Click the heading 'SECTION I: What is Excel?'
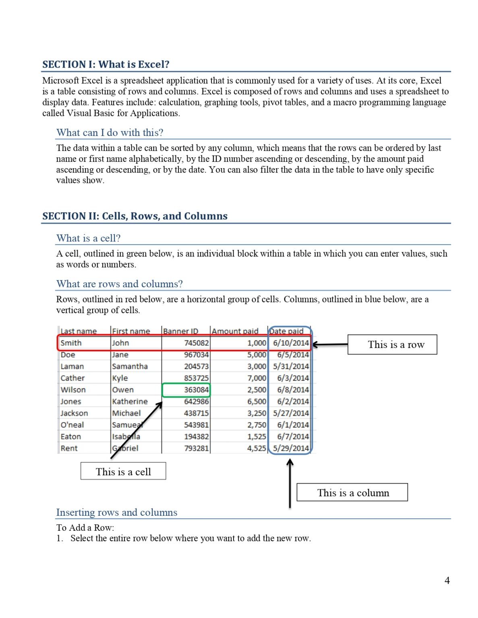click(x=106, y=64)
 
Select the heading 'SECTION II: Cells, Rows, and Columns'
click(x=135, y=216)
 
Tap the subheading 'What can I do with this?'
click(x=110, y=132)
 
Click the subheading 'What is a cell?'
click(x=88, y=238)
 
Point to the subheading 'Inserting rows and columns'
click(x=116, y=512)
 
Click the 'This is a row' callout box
click(x=392, y=344)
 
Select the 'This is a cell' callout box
click(x=123, y=471)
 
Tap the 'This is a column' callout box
click(x=352, y=492)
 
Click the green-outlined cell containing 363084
click(x=186, y=390)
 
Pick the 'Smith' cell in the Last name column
click(x=71, y=343)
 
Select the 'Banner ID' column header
click(x=180, y=331)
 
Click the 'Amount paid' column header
click(x=235, y=331)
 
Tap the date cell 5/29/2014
click(x=291, y=448)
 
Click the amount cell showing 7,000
click(x=257, y=378)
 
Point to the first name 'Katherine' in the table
click(x=130, y=402)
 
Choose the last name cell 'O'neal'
click(x=72, y=425)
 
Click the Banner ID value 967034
click(x=196, y=355)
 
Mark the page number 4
click(x=447, y=580)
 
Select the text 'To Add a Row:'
click(x=85, y=527)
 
